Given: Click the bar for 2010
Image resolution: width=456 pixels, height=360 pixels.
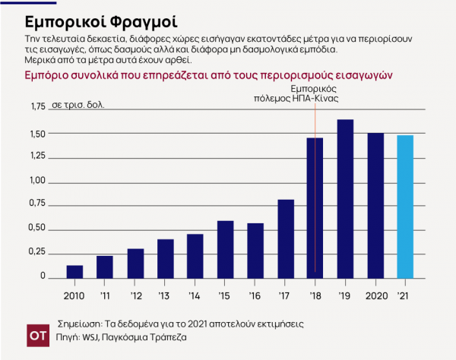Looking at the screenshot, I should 74,272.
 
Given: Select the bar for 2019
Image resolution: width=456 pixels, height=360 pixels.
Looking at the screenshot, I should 345,199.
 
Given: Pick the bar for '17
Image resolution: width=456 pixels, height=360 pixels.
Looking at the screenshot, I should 286,238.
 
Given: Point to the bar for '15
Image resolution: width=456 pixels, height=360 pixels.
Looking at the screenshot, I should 225,249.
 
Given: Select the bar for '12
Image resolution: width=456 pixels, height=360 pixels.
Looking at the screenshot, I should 135,263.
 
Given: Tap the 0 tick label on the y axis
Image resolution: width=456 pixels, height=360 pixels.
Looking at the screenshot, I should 43,276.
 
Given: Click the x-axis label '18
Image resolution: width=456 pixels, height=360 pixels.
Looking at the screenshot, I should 315,295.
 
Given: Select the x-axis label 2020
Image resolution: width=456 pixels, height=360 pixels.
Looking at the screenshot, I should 375,295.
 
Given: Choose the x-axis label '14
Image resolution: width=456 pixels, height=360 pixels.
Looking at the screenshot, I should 195,295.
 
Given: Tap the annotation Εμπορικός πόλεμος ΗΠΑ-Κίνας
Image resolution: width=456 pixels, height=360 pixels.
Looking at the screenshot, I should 315,94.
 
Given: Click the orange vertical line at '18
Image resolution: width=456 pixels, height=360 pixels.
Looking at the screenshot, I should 315,190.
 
